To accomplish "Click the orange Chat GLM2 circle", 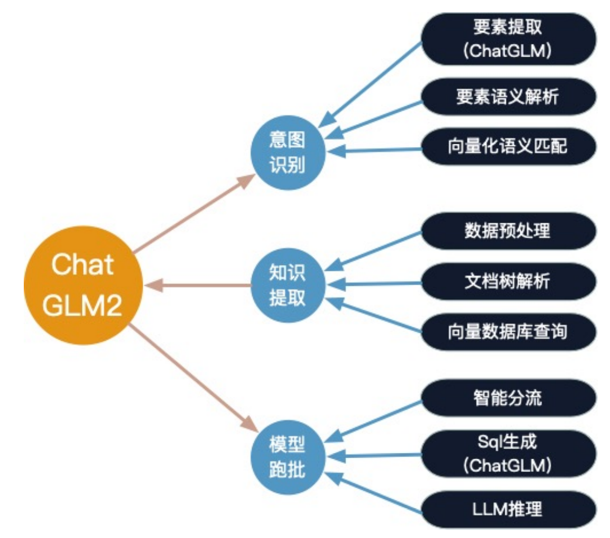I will click(83, 286).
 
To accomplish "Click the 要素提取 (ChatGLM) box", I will click(508, 39).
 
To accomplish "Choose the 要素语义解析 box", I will click(508, 97).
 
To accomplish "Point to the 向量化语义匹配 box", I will click(508, 146).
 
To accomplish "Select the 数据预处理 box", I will click(508, 231).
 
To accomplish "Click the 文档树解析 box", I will click(508, 281).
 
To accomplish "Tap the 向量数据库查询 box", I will click(508, 331).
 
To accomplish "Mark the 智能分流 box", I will click(508, 398).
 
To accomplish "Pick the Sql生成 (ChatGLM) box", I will click(508, 452).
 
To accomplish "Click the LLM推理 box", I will click(508, 509).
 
